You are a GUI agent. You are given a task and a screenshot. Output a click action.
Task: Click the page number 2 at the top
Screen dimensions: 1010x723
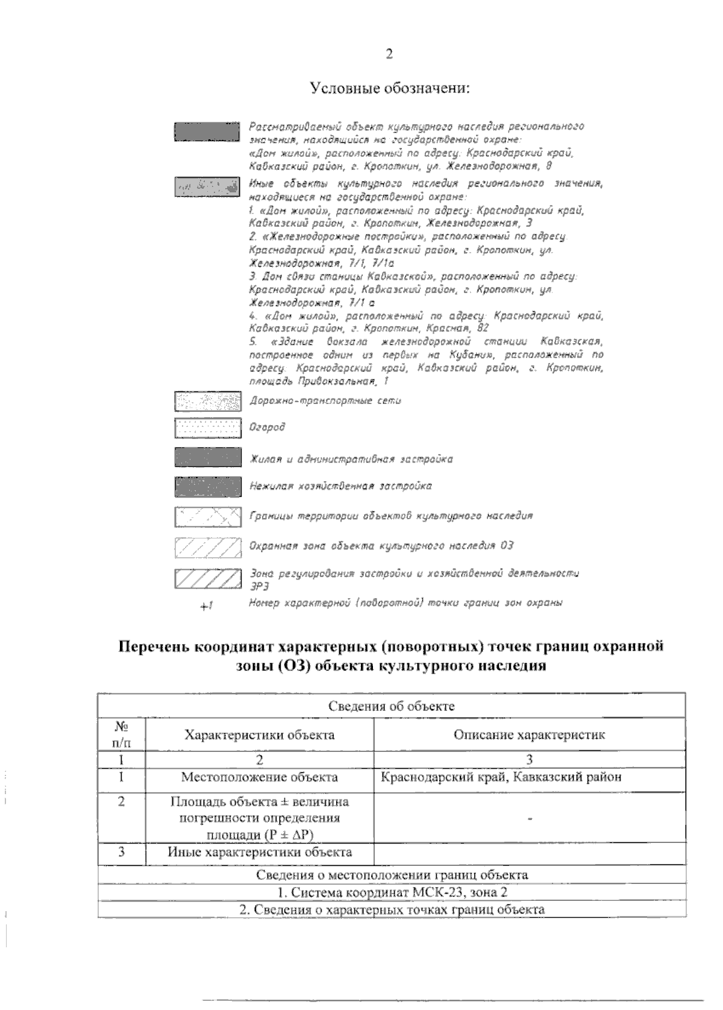(x=389, y=54)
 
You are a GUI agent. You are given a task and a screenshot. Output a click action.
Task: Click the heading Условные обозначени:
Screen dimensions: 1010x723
(x=389, y=89)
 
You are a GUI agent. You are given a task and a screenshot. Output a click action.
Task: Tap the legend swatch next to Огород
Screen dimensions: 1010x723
(x=207, y=428)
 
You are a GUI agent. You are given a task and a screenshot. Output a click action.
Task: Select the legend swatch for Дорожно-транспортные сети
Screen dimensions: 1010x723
(x=207, y=400)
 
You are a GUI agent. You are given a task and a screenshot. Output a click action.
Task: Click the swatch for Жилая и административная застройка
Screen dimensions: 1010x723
(x=207, y=458)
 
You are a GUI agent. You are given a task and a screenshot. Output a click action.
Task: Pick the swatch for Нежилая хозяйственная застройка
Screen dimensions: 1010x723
(x=207, y=486)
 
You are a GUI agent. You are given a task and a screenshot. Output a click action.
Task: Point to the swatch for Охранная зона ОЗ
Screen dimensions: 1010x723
(x=207, y=546)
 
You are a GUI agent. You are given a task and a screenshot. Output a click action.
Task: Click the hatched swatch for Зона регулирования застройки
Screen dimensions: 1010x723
(x=207, y=578)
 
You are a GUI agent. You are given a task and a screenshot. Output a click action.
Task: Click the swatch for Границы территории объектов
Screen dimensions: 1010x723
(x=207, y=517)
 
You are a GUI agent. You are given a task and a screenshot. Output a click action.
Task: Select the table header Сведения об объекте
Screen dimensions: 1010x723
(x=391, y=705)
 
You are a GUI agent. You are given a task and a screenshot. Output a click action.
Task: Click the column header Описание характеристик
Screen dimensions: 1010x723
(x=529, y=734)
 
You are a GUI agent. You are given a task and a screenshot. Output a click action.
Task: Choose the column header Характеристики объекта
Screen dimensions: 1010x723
(x=259, y=734)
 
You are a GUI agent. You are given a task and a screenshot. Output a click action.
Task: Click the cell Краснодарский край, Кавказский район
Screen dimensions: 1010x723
(x=501, y=777)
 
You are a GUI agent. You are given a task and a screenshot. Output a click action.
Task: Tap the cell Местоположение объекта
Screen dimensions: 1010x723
(x=259, y=777)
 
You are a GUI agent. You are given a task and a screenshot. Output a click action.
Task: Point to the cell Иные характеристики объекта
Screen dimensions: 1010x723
(x=259, y=852)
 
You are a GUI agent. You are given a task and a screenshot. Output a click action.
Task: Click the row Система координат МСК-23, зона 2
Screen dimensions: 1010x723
(x=391, y=892)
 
